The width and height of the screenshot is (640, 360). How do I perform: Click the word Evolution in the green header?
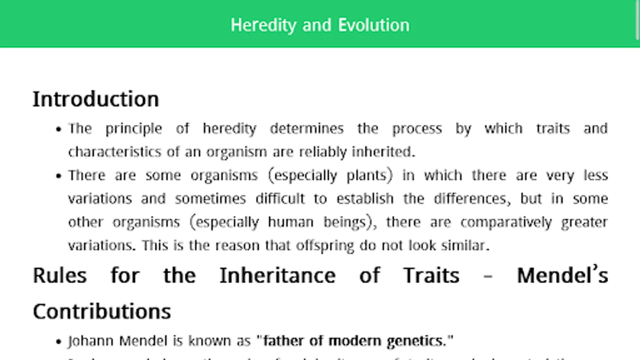point(374,25)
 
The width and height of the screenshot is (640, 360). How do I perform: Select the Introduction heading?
point(96,99)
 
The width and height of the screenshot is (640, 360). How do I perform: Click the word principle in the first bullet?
point(134,129)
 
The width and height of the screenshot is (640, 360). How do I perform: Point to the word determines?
point(306,128)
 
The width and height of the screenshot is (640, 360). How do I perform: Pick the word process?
point(417,129)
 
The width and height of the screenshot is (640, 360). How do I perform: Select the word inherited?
point(383,152)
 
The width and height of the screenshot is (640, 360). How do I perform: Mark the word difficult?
point(280,198)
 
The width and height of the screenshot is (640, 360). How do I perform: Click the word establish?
point(365,198)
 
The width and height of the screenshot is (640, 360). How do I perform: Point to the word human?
point(290,222)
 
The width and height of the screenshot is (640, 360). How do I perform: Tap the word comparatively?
point(506,222)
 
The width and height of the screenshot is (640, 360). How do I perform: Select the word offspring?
point(325,245)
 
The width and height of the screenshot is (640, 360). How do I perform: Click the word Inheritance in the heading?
point(278,275)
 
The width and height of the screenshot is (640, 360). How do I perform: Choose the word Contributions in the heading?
point(102,311)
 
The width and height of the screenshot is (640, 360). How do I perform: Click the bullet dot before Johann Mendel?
point(59,342)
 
